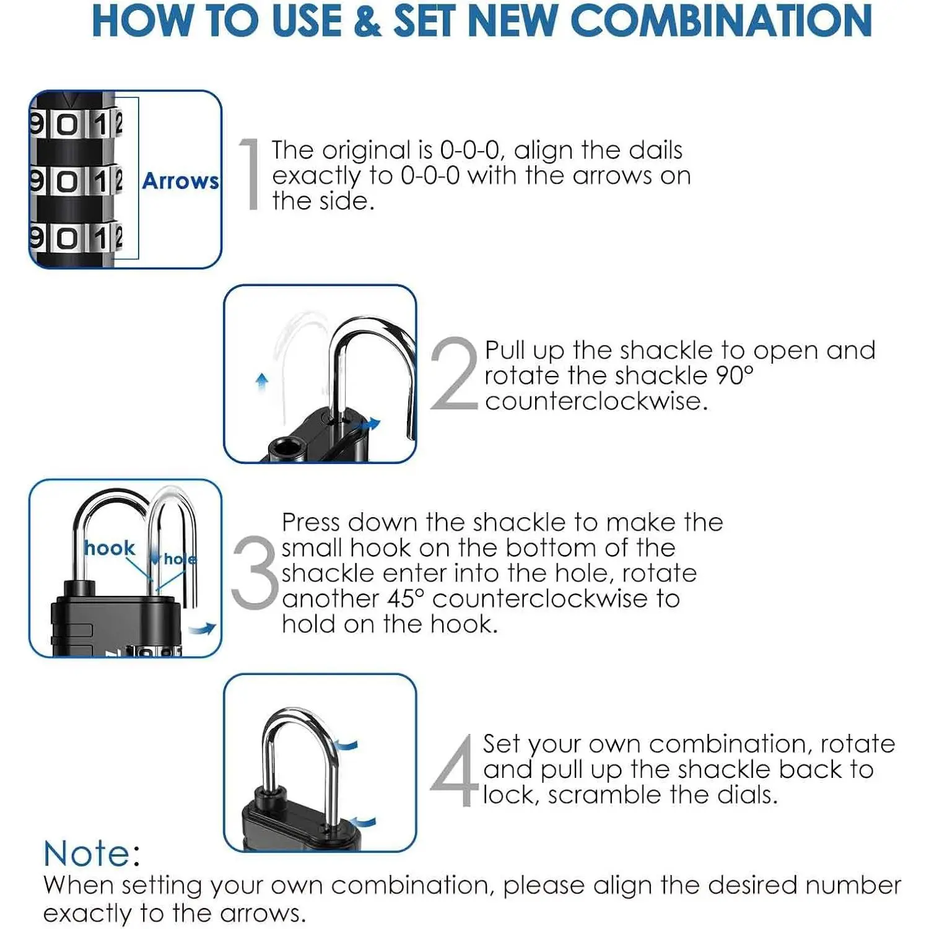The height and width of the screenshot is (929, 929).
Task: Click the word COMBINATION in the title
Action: point(721,20)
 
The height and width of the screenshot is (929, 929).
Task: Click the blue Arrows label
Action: point(180,181)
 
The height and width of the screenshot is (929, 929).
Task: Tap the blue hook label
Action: point(110,547)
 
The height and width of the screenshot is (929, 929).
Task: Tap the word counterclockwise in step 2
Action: point(596,401)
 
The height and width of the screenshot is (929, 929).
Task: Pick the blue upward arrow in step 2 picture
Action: point(263,382)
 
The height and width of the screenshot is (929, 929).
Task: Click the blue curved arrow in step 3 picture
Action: point(203,629)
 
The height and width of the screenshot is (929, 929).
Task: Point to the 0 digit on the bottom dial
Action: point(68,238)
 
